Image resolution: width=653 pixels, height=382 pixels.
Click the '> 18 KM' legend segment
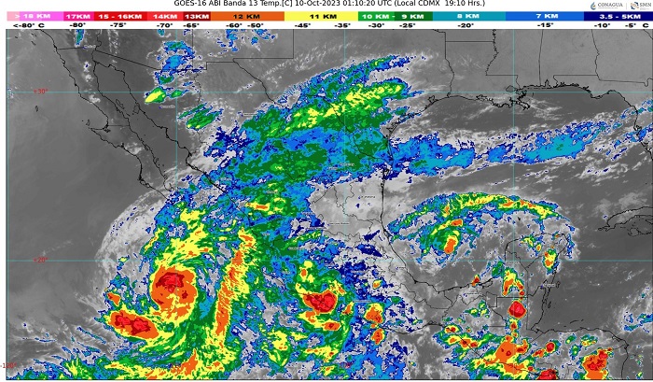tap(30, 16)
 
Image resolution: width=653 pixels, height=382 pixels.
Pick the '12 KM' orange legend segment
tap(247, 16)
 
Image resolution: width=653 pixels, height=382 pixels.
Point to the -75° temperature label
tap(118, 26)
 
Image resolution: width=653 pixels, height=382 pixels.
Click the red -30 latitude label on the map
tap(40, 91)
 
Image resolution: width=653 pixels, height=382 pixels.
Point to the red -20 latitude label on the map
tap(40, 261)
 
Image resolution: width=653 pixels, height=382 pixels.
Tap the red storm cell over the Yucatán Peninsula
tap(517, 308)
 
